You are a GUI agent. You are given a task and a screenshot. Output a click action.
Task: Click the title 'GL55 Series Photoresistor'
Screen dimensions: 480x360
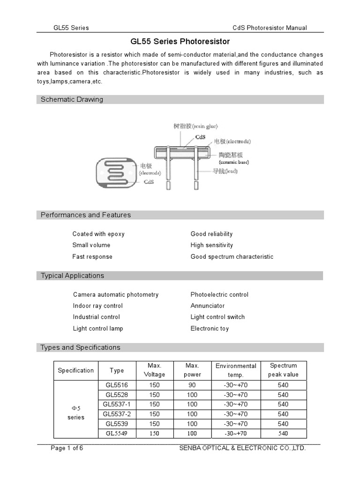point(180,42)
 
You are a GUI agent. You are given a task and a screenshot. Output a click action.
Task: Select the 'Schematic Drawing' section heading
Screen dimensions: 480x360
point(72,99)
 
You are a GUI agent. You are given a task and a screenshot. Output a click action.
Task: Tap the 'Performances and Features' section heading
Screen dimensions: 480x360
point(86,215)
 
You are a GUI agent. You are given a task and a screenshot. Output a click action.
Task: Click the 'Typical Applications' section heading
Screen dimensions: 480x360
point(72,276)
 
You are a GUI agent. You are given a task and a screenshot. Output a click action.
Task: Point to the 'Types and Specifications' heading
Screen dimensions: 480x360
point(80,347)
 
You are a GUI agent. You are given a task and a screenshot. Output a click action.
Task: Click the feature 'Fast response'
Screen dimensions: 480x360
point(92,257)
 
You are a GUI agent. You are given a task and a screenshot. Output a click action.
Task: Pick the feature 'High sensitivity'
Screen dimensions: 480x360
point(211,245)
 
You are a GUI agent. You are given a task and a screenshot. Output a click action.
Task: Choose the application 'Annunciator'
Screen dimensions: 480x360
point(208,306)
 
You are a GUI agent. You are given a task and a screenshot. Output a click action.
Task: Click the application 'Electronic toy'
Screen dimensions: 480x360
point(210,329)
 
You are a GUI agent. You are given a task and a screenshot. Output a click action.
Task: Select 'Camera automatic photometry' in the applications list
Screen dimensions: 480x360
point(116,295)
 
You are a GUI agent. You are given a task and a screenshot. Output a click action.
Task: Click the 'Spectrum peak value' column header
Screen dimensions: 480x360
point(283,370)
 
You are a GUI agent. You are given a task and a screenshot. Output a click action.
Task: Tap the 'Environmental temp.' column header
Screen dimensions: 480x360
point(236,370)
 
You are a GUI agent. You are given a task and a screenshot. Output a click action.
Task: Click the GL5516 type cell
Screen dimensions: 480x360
point(117,385)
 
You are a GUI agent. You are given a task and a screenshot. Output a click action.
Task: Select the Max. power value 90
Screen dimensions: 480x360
point(192,385)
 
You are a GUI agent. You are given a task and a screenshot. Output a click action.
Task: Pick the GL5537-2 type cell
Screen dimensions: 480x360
point(117,414)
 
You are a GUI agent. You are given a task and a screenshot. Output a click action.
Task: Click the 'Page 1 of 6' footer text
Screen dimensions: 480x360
point(67,448)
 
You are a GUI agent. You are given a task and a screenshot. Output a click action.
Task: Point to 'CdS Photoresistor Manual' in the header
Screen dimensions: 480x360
point(270,28)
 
